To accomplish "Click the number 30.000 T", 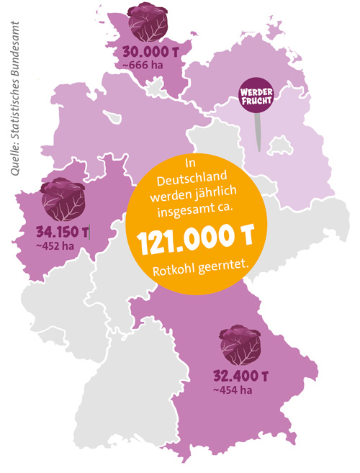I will (149, 53).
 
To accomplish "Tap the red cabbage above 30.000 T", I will (148, 22).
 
